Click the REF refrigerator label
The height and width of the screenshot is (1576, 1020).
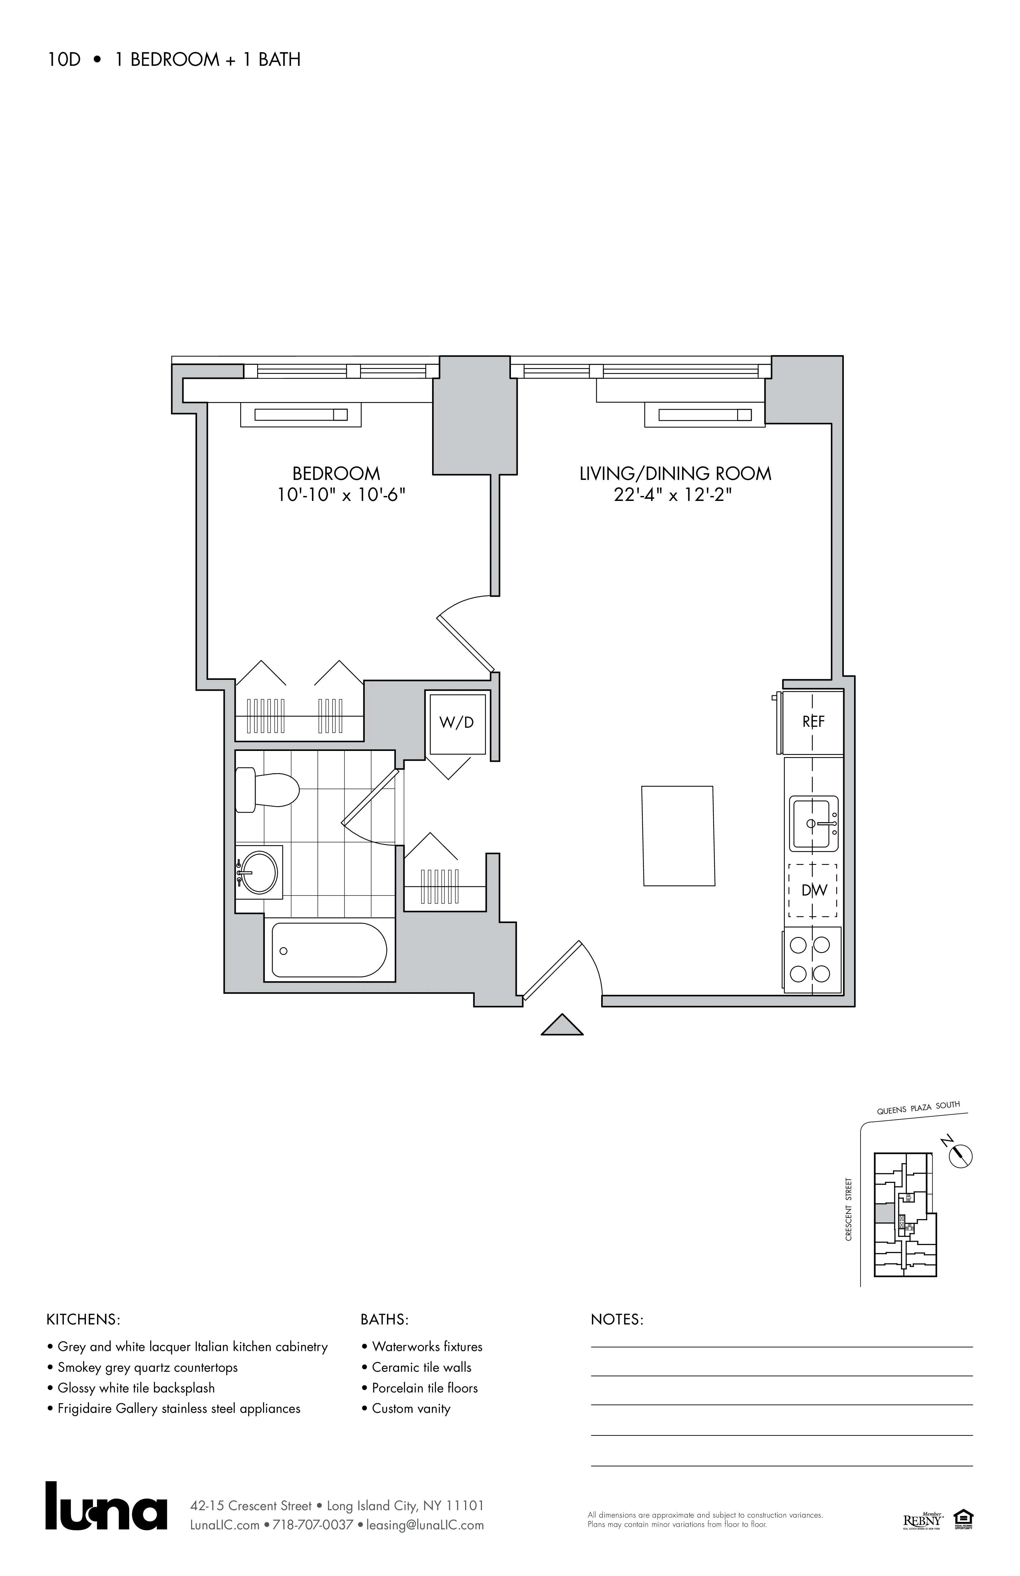[x=813, y=722]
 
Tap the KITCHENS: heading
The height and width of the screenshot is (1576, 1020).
[x=83, y=1320]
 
